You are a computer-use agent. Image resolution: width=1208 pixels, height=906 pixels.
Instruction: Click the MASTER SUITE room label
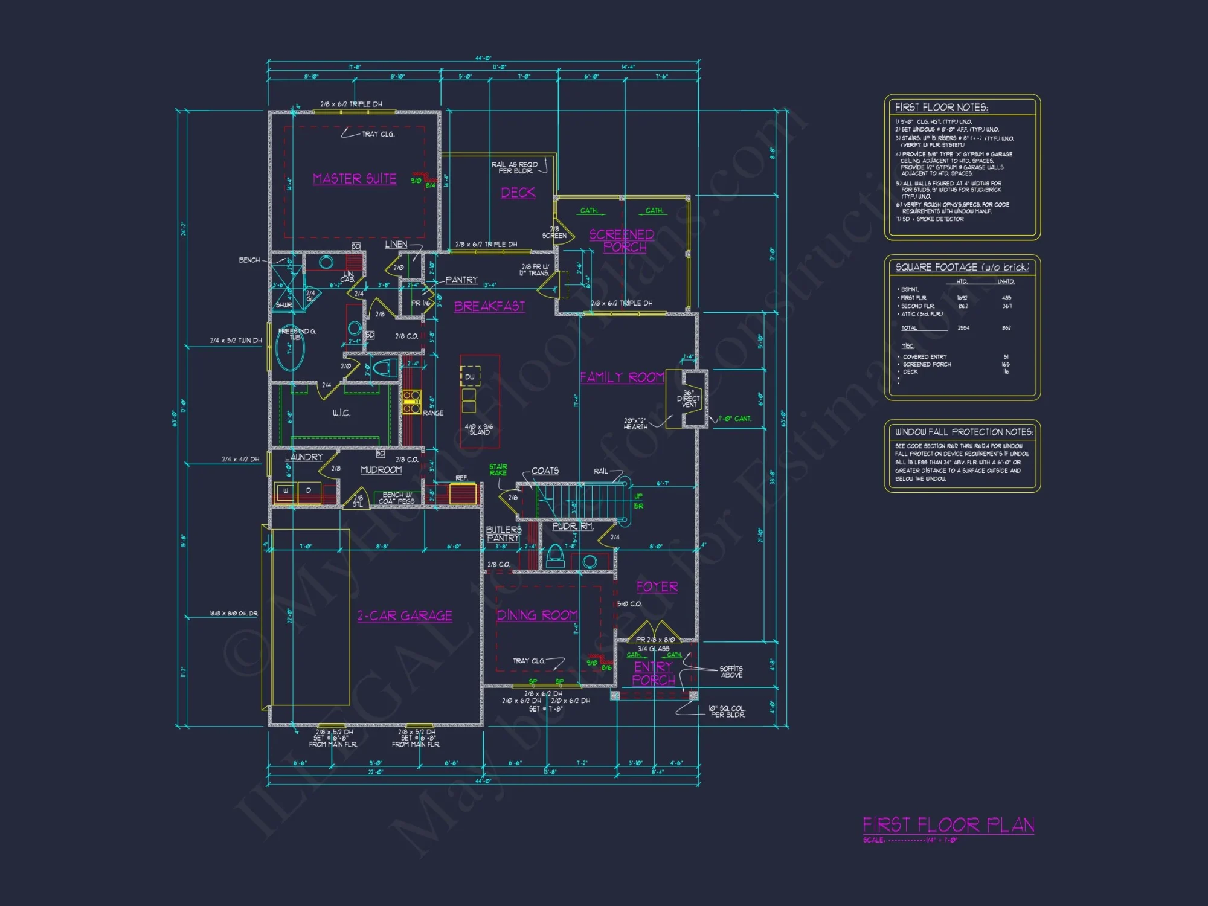pos(355,179)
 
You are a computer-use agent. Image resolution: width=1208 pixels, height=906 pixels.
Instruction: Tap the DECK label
pos(518,193)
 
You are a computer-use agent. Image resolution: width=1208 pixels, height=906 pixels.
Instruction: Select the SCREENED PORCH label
pos(622,241)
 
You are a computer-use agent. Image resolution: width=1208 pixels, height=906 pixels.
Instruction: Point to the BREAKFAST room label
pos(489,306)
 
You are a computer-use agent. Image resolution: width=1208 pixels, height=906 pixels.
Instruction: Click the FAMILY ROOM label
pos(622,377)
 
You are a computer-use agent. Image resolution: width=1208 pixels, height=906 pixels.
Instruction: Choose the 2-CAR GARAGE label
pos(405,615)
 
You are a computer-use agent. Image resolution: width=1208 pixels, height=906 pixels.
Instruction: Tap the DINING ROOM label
pos(537,615)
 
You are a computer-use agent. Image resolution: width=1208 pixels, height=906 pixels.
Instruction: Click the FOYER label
pos(657,586)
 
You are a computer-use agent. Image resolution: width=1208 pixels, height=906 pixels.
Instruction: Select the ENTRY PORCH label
pos(654,673)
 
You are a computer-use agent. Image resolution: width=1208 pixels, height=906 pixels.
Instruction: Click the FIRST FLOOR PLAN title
pos(948,824)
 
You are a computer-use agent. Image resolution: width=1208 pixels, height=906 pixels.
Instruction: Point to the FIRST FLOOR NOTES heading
pos(941,108)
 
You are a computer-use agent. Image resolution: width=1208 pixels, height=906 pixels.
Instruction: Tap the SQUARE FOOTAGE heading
pos(962,267)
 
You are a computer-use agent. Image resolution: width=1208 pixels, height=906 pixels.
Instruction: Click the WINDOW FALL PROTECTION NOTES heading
pos(963,432)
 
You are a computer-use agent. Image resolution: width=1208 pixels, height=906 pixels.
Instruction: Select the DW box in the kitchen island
pos(470,377)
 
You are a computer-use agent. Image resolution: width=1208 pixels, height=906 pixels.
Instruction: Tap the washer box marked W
pos(285,491)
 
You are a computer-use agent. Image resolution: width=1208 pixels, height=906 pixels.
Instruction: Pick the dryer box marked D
pos(309,491)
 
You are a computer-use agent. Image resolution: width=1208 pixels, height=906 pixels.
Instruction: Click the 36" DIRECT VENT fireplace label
pos(689,399)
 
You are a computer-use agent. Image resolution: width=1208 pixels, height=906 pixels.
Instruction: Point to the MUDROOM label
pos(381,470)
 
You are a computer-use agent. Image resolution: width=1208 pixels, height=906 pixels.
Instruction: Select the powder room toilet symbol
pos(554,556)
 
